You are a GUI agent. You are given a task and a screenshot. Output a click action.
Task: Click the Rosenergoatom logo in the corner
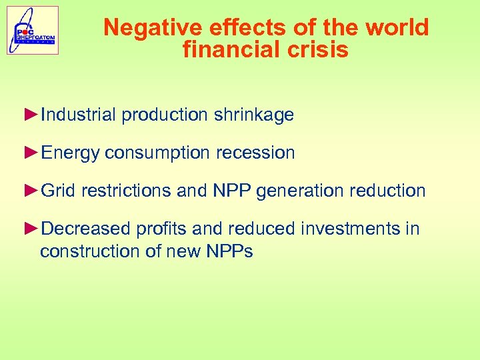pyautogui.click(x=33, y=30)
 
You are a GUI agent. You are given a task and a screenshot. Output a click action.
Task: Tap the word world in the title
pyautogui.click(x=399, y=28)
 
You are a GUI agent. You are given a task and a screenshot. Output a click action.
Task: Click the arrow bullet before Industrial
pyautogui.click(x=31, y=115)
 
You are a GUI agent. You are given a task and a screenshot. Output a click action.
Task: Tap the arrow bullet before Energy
pyautogui.click(x=31, y=153)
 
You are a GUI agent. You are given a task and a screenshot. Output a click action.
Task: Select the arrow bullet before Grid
pyautogui.click(x=31, y=191)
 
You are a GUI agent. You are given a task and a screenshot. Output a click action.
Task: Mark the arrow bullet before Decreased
pyautogui.click(x=31, y=229)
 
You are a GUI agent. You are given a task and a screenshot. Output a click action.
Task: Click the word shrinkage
pyautogui.click(x=254, y=115)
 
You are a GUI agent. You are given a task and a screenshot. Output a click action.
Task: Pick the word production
pyautogui.click(x=165, y=115)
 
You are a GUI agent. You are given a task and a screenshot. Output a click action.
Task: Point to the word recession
pyautogui.click(x=255, y=153)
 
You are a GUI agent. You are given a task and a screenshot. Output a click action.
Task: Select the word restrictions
pyautogui.click(x=126, y=191)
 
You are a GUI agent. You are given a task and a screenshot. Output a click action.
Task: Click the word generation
pyautogui.click(x=297, y=191)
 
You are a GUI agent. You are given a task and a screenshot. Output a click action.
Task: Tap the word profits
pyautogui.click(x=161, y=229)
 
